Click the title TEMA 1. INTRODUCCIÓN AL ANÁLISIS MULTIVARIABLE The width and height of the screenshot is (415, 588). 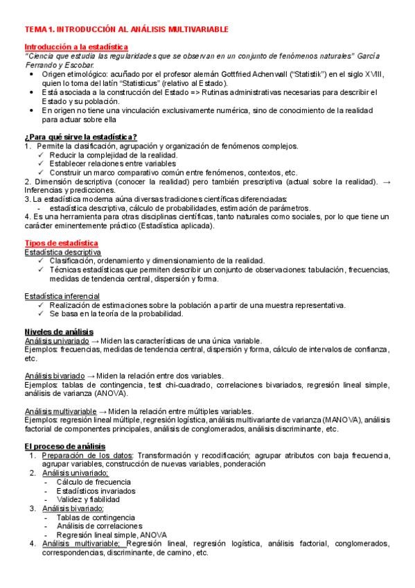tap(125, 31)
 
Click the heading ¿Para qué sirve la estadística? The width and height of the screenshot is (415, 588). tap(80, 137)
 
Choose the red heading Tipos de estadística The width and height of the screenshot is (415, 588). tap(61, 243)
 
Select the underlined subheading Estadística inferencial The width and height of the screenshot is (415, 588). tap(60, 296)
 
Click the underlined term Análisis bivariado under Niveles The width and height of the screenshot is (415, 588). tap(55, 375)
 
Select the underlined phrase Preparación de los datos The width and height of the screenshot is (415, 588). tap(88, 456)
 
